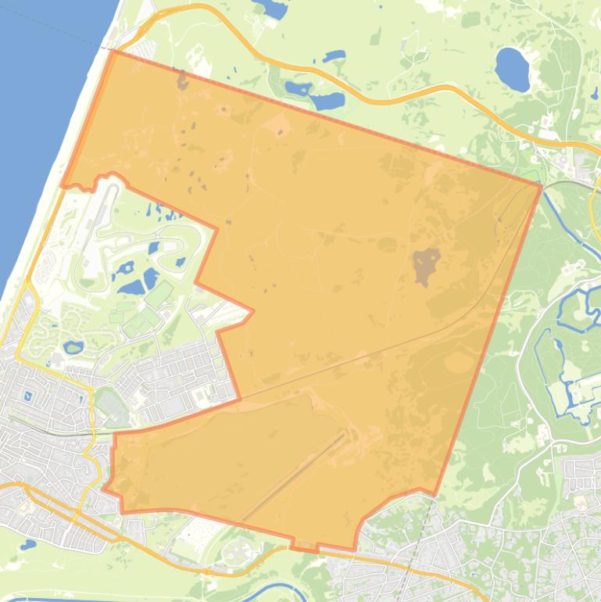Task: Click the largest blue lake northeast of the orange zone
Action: coord(512,69)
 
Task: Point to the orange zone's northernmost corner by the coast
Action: coord(114,52)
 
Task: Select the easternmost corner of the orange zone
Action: coord(540,185)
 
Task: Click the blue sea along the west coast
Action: coord(39,117)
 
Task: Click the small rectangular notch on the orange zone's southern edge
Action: coord(305,545)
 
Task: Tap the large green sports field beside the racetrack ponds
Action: coord(159,295)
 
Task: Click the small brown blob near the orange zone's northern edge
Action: coord(183,80)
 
